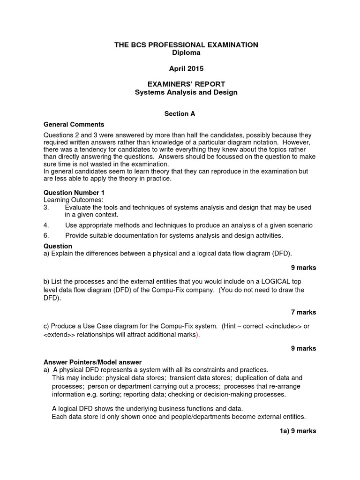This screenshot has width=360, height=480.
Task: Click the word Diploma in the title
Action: pos(186,52)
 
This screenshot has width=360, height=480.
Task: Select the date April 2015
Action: pos(186,68)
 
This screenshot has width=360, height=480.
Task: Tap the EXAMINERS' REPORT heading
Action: pos(186,84)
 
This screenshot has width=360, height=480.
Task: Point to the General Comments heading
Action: pos(74,124)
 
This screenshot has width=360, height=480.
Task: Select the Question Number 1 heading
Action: pos(74,193)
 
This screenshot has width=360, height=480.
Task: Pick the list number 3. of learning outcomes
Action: pos(46,207)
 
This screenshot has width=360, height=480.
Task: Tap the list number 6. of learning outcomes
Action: pos(46,235)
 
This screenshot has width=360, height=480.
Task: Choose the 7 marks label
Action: pos(303,312)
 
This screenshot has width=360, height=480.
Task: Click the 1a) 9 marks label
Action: pos(298,431)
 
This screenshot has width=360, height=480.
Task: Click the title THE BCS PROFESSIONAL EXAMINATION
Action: pos(186,45)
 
